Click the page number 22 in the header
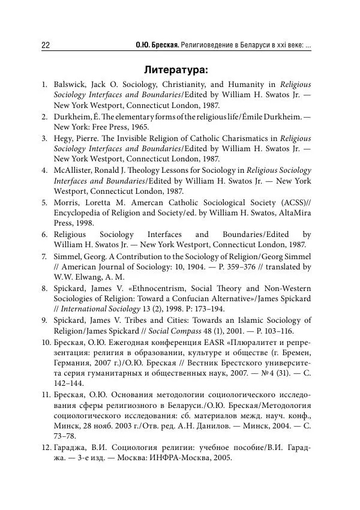45,46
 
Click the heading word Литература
175,70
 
